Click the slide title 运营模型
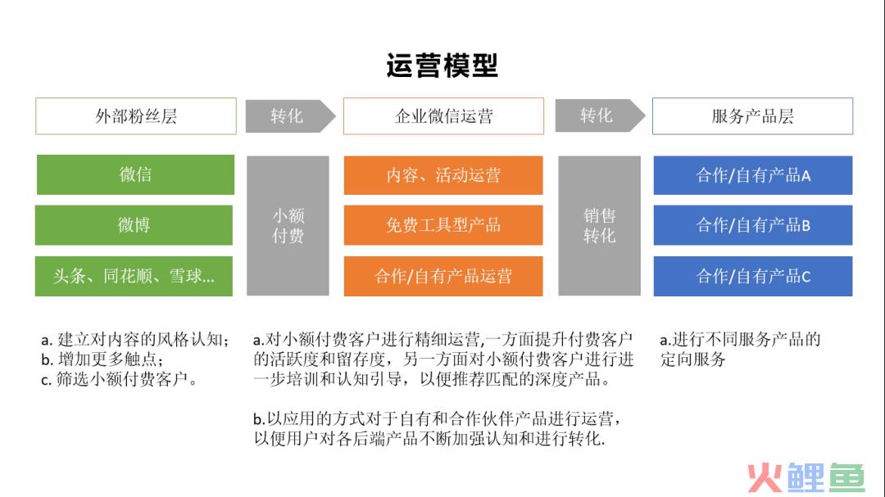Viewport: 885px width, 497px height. [x=442, y=66]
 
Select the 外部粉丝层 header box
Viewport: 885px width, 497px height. [x=136, y=116]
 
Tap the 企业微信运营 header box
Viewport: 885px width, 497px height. [x=443, y=116]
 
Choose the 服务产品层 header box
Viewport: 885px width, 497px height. [x=752, y=116]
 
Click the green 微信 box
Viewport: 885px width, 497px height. [x=135, y=175]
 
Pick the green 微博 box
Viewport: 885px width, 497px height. [x=134, y=225]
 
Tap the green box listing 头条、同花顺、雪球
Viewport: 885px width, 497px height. [x=134, y=276]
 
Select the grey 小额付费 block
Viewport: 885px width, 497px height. [x=288, y=226]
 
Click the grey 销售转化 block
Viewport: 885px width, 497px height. [x=599, y=226]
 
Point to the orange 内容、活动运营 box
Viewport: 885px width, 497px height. [x=443, y=175]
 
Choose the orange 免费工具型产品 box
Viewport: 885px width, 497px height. [x=443, y=225]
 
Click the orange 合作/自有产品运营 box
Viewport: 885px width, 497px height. [x=443, y=276]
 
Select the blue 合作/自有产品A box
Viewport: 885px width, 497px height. [x=753, y=175]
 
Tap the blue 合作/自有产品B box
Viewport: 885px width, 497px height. [x=753, y=225]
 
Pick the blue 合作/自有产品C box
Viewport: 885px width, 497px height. [x=753, y=276]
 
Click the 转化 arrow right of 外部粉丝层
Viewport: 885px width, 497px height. [x=290, y=116]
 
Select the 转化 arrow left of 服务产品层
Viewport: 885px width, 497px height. [x=600, y=115]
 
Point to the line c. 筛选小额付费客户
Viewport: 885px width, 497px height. [x=119, y=379]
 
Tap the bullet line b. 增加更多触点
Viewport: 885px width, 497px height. [x=102, y=359]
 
